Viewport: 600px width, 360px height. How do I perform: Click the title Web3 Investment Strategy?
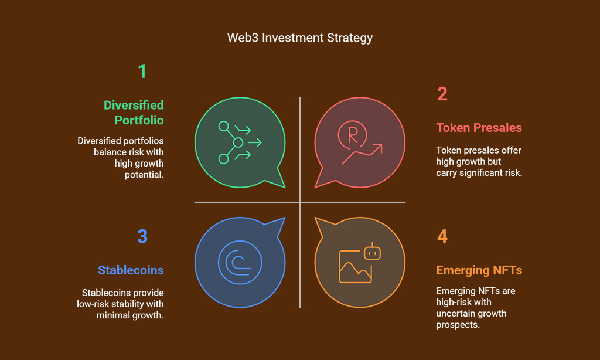299,38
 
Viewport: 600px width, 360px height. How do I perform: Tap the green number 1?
142,71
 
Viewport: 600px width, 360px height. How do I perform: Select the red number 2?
442,94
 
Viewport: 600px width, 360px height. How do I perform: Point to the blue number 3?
142,236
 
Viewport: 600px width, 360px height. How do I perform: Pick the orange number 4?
442,236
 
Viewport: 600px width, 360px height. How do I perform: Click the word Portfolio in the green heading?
139,120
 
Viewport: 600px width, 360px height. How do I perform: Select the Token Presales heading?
479,128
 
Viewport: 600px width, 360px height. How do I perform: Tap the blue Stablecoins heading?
131,270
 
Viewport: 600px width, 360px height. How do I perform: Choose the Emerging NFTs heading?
479,270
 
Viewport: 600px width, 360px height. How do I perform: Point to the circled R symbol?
352,135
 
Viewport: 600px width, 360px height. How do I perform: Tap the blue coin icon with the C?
240,262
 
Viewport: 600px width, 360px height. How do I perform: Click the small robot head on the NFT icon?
372,253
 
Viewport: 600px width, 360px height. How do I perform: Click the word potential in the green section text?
144,175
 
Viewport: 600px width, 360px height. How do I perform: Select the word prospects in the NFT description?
458,325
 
